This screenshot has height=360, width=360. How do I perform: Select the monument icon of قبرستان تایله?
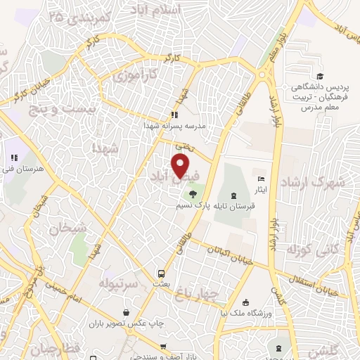(233, 195)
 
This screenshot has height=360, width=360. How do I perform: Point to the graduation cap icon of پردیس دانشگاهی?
(321, 76)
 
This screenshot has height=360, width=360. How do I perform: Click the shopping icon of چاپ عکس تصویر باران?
(126, 313)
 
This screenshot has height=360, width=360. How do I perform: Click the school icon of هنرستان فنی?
(13, 158)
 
